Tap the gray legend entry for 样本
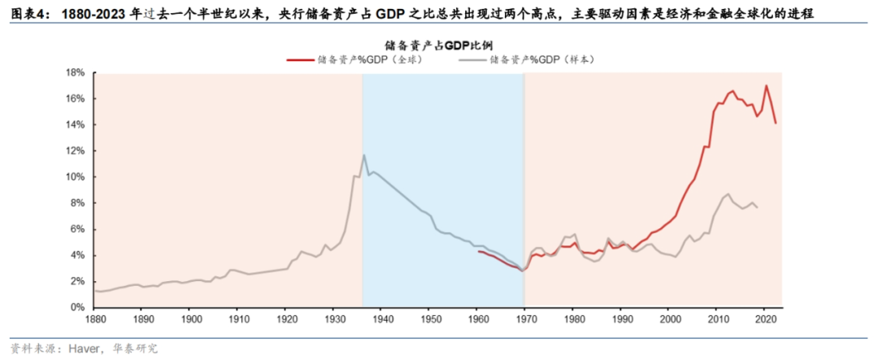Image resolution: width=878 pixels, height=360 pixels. (x=541, y=59)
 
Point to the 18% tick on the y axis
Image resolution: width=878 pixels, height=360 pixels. (x=76, y=72)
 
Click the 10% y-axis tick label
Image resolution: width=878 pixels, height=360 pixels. (x=76, y=177)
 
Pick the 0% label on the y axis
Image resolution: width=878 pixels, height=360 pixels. (x=78, y=307)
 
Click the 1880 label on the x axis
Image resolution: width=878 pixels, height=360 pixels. (x=95, y=320)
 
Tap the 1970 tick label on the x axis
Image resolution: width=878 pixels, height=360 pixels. (x=525, y=320)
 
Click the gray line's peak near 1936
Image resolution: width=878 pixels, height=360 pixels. (x=363, y=155)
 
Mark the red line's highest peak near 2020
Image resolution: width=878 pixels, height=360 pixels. (x=766, y=85)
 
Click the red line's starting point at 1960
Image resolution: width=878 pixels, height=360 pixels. (x=477, y=251)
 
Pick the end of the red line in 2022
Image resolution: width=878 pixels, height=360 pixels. (x=776, y=123)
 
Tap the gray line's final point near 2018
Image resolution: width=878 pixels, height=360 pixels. (x=758, y=208)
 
